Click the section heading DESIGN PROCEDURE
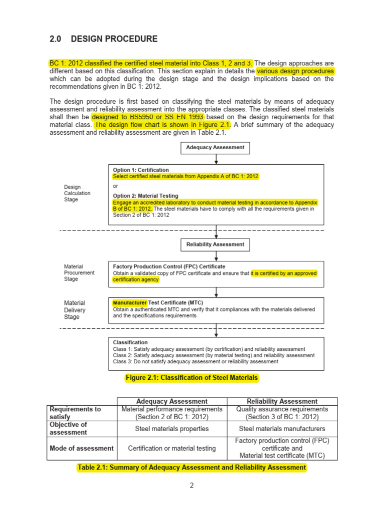(x=114, y=39)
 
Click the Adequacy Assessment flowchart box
(x=215, y=148)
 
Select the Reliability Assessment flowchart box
(x=215, y=245)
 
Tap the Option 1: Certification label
(x=141, y=170)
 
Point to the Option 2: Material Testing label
(x=145, y=196)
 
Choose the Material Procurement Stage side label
(x=79, y=273)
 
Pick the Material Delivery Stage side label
(x=74, y=309)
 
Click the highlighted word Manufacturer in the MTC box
(x=130, y=303)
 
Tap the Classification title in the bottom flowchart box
(x=130, y=342)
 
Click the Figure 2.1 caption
(x=191, y=378)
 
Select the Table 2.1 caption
(x=191, y=468)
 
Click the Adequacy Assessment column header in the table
(x=171, y=401)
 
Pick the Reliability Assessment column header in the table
(x=282, y=401)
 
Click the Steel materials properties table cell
(x=171, y=428)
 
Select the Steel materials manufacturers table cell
(x=282, y=428)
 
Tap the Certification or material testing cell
(x=171, y=448)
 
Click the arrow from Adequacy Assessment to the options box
(x=216, y=159)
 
